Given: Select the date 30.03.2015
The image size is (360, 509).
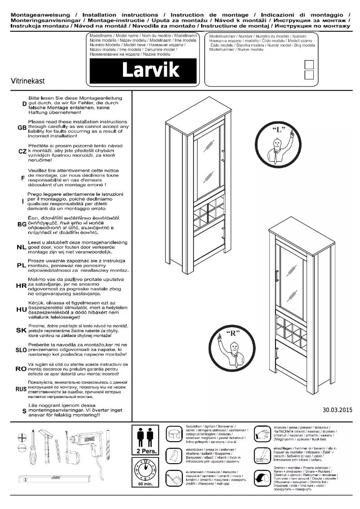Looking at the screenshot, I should pos(338,409).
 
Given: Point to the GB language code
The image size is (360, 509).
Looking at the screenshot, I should pos(22,128).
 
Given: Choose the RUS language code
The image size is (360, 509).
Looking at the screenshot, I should pos(21,389).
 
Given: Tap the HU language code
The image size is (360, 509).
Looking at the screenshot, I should pos(22,310).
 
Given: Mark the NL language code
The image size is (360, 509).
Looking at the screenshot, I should pos(22,247).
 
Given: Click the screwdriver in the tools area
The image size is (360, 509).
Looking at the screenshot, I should pos(33,449).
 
